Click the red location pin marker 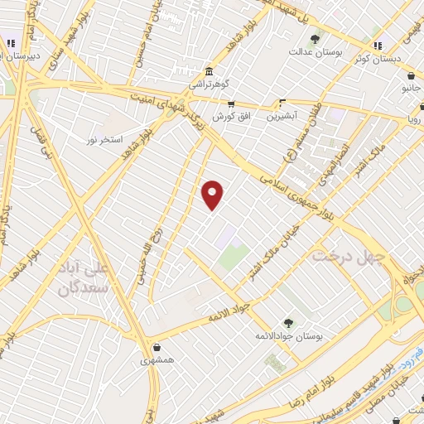pos(213,195)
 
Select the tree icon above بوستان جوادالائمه pos(287,323)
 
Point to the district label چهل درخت pos(349,257)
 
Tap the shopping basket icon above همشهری pos(157,347)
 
